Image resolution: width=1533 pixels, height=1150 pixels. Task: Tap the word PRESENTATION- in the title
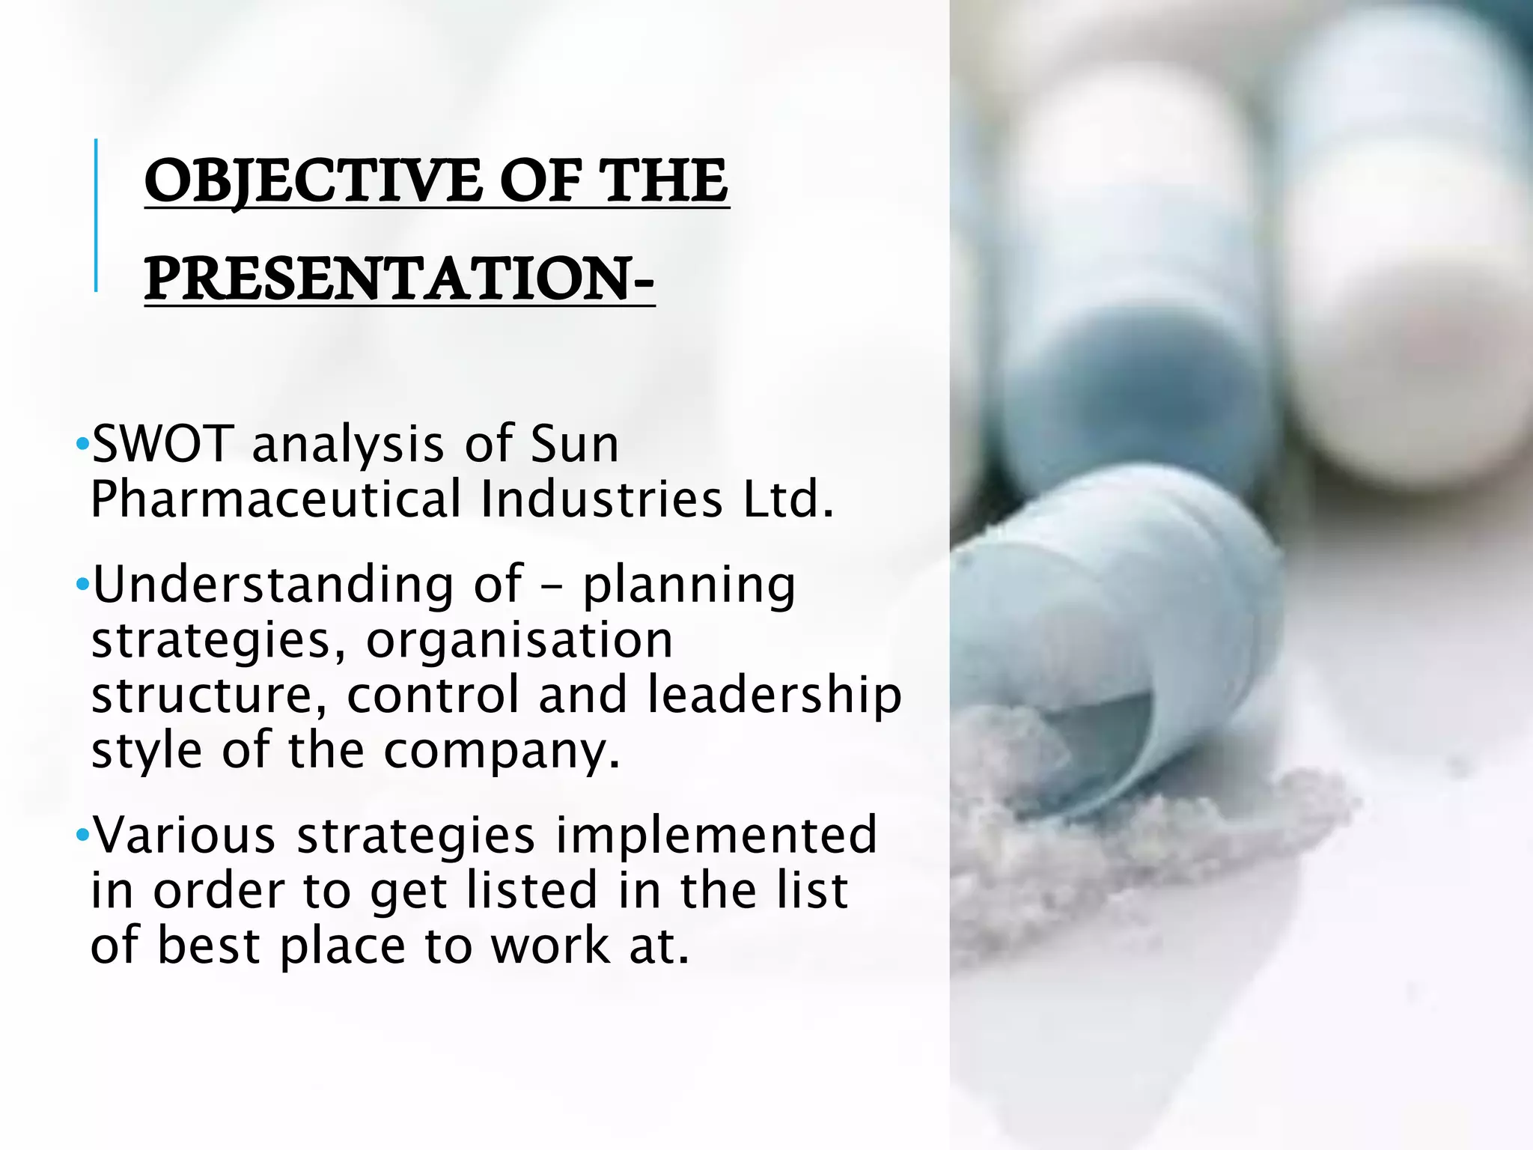(x=399, y=279)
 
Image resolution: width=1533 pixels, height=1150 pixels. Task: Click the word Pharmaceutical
(x=276, y=499)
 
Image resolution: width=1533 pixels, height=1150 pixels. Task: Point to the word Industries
(x=601, y=499)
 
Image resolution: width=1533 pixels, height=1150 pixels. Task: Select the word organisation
(x=519, y=640)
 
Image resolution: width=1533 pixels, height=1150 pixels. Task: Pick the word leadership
(x=774, y=695)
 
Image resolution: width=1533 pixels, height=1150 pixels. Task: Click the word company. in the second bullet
(x=502, y=750)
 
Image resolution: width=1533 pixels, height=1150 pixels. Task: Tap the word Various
(x=184, y=835)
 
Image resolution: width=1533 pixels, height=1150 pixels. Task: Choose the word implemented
(x=716, y=835)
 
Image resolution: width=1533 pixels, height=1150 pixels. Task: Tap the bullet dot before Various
(x=82, y=835)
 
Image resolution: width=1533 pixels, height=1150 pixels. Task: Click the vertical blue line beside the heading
(x=96, y=215)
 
